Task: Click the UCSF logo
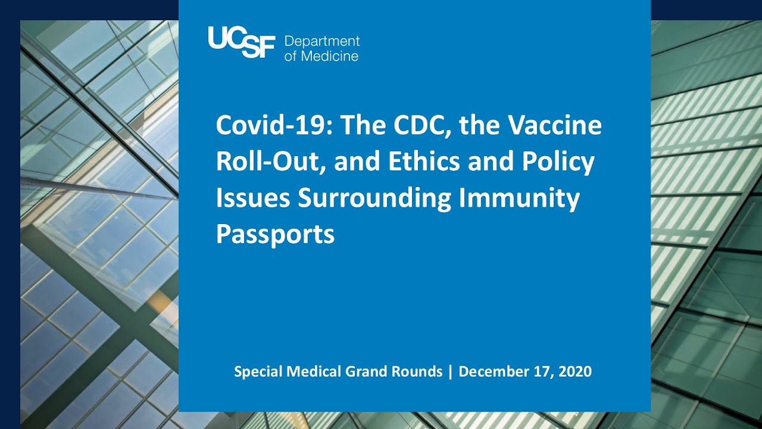coord(242,42)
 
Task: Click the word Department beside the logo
coord(322,42)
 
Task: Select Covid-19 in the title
coord(274,125)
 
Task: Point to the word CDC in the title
coord(423,126)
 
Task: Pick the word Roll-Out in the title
coord(270,161)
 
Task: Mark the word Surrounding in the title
coord(374,199)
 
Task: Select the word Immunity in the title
coord(519,199)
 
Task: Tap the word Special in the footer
coord(258,371)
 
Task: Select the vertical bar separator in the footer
coord(451,372)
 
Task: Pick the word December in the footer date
coord(494,371)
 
